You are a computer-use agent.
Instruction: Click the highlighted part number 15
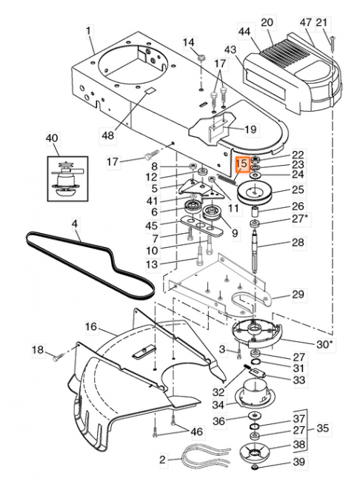[x=241, y=164]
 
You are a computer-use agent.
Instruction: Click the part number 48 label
[x=107, y=135]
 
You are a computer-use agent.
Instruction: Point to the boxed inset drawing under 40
[x=67, y=179]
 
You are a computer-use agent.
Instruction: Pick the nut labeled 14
[x=201, y=58]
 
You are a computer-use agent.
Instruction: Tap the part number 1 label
[x=89, y=31]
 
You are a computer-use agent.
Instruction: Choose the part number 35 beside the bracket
[x=323, y=428]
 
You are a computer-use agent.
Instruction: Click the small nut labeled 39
[x=254, y=467]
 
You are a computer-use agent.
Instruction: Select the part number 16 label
[x=91, y=326]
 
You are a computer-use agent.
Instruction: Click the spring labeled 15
[x=227, y=179]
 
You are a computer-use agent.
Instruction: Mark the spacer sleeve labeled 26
[x=256, y=212]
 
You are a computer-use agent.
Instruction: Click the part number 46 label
[x=197, y=432]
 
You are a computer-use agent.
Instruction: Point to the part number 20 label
[x=267, y=23]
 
